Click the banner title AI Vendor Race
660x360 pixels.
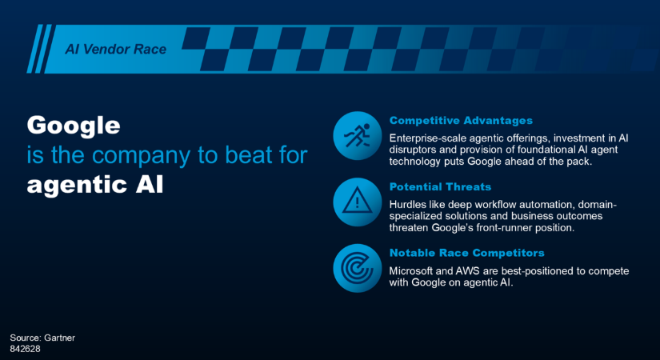click(116, 50)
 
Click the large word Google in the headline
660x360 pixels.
click(74, 126)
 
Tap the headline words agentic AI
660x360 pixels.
click(95, 186)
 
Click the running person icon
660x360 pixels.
click(358, 135)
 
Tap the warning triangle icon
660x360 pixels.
click(358, 201)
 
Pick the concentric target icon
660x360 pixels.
click(357, 268)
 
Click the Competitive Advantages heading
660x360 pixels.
click(461, 121)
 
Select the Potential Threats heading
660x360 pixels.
click(440, 186)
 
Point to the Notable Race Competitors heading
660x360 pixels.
click(466, 253)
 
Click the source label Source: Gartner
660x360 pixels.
click(42, 338)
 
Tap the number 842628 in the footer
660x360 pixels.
click(26, 349)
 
